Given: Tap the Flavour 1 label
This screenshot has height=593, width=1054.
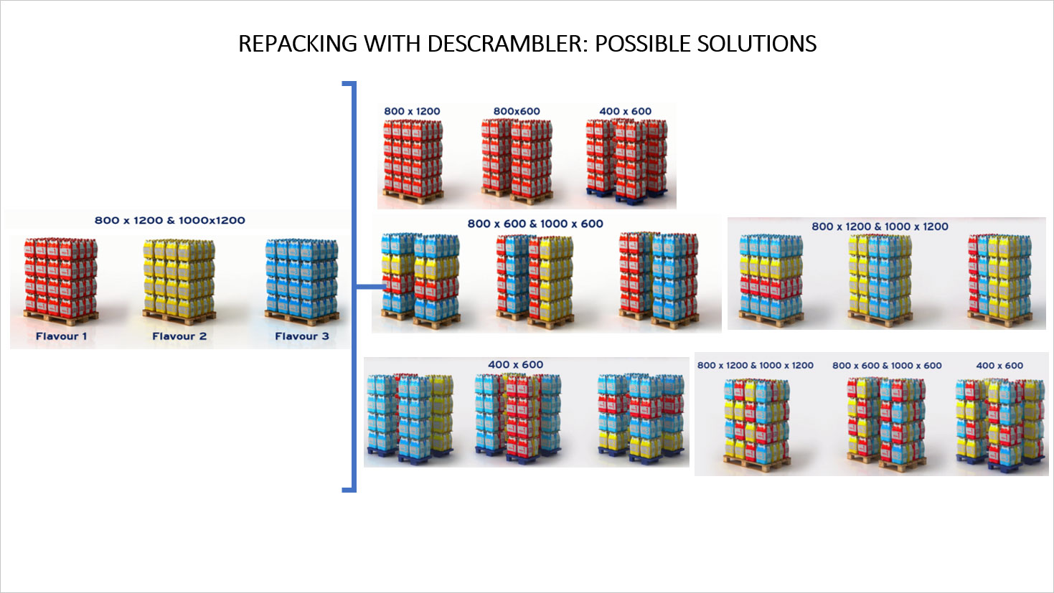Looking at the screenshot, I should pyautogui.click(x=61, y=336).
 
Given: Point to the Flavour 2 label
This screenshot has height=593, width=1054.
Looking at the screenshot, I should pyautogui.click(x=179, y=336).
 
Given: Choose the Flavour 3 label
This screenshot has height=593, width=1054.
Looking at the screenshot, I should pyautogui.click(x=302, y=336).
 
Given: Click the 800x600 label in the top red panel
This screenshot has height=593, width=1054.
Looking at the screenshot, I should pyautogui.click(x=517, y=111).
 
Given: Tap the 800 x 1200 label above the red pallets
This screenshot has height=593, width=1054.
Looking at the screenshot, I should pyautogui.click(x=412, y=111).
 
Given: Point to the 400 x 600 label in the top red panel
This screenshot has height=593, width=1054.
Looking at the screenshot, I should pyautogui.click(x=626, y=111).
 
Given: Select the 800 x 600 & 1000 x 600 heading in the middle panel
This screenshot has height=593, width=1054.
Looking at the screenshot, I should pyautogui.click(x=535, y=224).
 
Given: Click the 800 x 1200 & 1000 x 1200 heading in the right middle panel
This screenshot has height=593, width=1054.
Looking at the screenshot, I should pyautogui.click(x=880, y=227).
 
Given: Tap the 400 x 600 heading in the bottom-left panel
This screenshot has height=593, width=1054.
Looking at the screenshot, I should pyautogui.click(x=516, y=364).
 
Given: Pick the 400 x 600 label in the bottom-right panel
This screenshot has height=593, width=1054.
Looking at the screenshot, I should pyautogui.click(x=999, y=366).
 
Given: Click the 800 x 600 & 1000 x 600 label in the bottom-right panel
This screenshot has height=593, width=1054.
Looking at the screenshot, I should pyautogui.click(x=887, y=366).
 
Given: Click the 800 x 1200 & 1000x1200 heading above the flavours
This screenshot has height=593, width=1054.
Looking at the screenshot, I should pyautogui.click(x=170, y=220).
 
